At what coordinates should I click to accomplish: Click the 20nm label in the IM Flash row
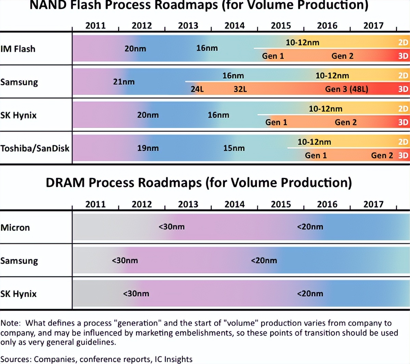[x=135, y=49]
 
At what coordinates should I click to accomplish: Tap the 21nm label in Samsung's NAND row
[x=124, y=82]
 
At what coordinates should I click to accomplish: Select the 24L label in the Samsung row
[x=197, y=89]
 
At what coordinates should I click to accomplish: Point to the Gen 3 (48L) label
[x=346, y=89]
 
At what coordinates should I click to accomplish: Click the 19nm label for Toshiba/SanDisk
[x=148, y=148]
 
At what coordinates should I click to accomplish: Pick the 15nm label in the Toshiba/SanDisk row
[x=234, y=148]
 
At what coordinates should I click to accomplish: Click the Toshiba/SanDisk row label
[x=35, y=148]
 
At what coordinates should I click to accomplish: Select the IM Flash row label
[x=18, y=49]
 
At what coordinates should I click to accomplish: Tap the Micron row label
[x=15, y=228]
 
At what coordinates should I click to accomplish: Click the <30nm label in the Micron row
[x=171, y=227]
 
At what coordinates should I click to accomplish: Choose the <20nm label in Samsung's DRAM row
[x=264, y=260]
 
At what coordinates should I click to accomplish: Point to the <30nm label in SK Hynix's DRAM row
[x=136, y=294]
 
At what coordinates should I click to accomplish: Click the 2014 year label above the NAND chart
[x=234, y=26]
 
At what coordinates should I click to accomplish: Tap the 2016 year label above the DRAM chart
[x=327, y=204]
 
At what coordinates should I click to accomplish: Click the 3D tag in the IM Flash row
[x=403, y=56]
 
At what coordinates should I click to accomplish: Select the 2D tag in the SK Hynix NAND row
[x=403, y=109]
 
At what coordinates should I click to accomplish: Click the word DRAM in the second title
[x=65, y=183]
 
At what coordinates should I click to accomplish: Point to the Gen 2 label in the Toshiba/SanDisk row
[x=382, y=155]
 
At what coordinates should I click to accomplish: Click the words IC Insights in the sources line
[x=173, y=359]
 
